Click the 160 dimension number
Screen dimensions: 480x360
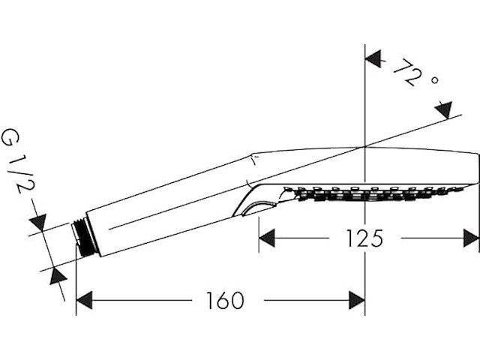225,300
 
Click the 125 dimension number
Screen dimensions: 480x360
364,238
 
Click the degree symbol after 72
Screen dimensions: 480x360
435,80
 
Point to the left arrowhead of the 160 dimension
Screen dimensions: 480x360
84,300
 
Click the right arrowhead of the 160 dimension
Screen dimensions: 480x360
357,300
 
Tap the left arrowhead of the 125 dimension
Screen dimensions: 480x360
267,238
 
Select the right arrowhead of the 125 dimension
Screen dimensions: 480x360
471,238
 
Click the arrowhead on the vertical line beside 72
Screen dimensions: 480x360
373,58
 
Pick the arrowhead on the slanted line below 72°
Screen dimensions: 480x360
445,110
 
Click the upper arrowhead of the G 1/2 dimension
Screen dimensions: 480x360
38,222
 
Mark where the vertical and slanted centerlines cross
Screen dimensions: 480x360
365,147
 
